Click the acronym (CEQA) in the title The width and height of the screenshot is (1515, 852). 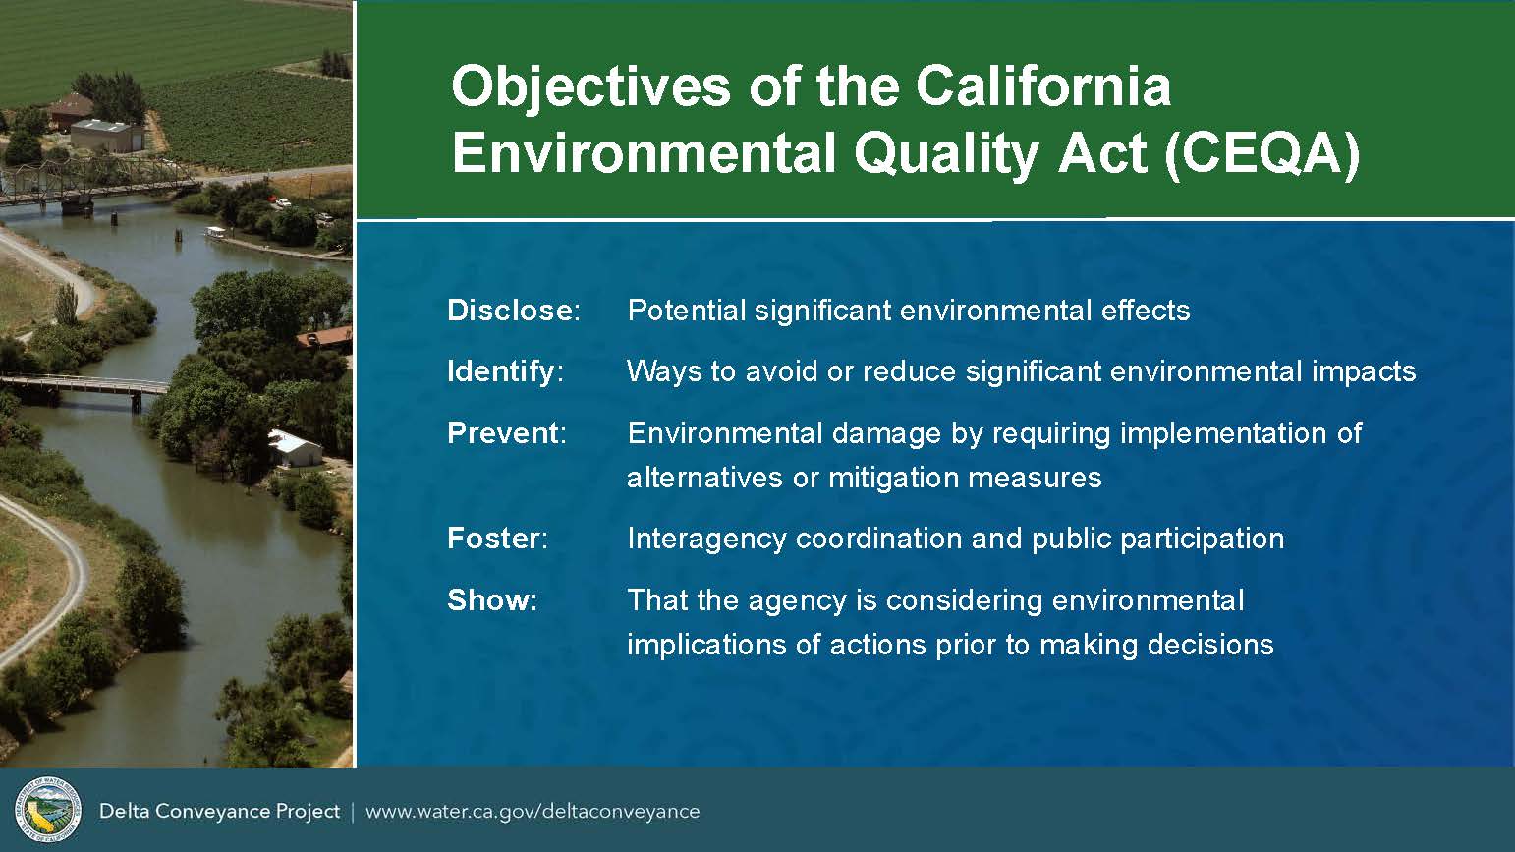(1262, 154)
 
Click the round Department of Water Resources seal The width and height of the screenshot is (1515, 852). (47, 810)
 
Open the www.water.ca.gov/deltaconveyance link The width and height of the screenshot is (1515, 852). (533, 811)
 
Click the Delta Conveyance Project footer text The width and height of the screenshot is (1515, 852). (219, 811)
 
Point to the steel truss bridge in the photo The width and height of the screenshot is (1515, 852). (98, 181)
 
